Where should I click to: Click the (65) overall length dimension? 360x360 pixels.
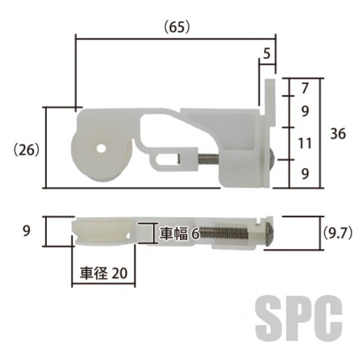(x=177, y=27)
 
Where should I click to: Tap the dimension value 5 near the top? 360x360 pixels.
(x=266, y=54)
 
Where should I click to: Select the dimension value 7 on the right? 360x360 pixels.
(x=305, y=88)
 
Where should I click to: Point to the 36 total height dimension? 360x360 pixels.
(x=338, y=133)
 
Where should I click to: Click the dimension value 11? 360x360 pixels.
(x=305, y=143)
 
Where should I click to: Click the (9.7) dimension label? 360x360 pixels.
(x=337, y=234)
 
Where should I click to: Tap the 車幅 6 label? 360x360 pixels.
(x=179, y=233)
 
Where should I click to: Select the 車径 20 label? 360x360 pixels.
(x=103, y=273)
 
